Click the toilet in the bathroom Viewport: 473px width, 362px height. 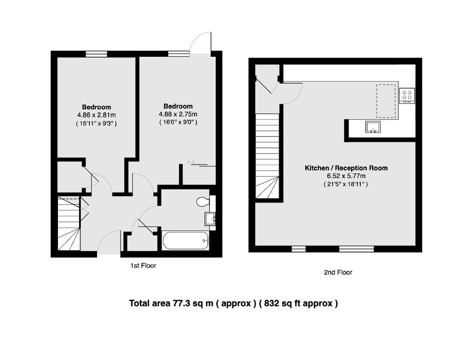(x=203, y=202)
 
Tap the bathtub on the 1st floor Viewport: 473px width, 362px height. (x=186, y=241)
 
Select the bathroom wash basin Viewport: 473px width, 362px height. (x=210, y=219)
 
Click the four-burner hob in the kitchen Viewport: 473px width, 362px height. (x=407, y=95)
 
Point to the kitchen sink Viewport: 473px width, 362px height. (x=373, y=127)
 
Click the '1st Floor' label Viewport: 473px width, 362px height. (x=143, y=266)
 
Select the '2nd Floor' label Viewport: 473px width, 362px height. (x=338, y=272)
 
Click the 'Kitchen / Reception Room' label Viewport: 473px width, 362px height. (x=346, y=168)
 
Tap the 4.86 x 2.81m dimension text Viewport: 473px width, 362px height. (x=97, y=115)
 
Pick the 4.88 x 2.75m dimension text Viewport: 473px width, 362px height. (x=178, y=114)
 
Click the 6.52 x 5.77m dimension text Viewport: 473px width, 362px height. (x=346, y=176)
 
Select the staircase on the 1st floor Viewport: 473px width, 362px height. (x=69, y=224)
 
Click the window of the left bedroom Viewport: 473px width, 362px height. (x=96, y=54)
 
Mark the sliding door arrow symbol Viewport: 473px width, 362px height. (x=191, y=163)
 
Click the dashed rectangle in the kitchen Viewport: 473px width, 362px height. (x=386, y=101)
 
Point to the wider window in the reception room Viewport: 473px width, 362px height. (x=357, y=249)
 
